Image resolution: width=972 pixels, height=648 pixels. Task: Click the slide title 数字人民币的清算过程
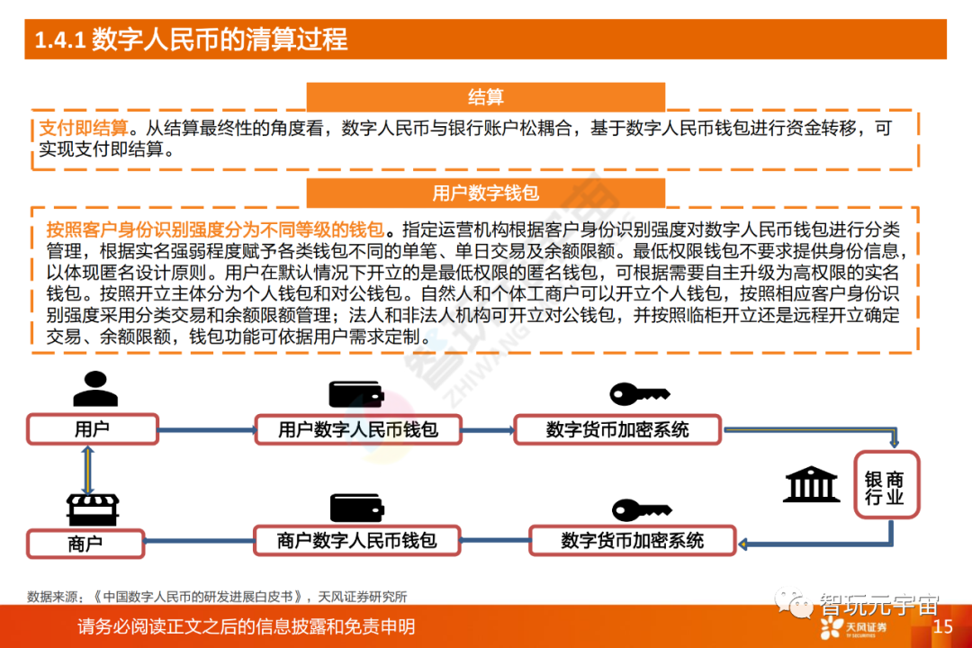(191, 40)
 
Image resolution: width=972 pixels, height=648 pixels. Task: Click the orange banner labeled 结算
(485, 97)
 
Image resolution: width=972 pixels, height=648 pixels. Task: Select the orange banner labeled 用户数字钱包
(485, 193)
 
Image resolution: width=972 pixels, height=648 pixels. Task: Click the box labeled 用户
(92, 428)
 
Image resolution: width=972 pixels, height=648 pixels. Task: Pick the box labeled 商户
(85, 544)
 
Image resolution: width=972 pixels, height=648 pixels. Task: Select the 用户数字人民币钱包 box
(358, 429)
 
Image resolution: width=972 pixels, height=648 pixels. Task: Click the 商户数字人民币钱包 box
(357, 540)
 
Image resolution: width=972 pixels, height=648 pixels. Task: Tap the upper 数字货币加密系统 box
(617, 429)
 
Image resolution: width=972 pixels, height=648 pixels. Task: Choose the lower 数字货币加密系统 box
(632, 540)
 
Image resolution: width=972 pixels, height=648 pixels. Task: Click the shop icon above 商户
(93, 509)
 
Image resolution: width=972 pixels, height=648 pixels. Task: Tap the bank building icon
(811, 484)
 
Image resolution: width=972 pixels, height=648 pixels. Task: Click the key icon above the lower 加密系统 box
(641, 509)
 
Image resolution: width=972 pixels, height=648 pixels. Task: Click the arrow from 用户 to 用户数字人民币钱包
(206, 429)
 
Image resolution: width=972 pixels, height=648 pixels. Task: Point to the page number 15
(942, 626)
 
